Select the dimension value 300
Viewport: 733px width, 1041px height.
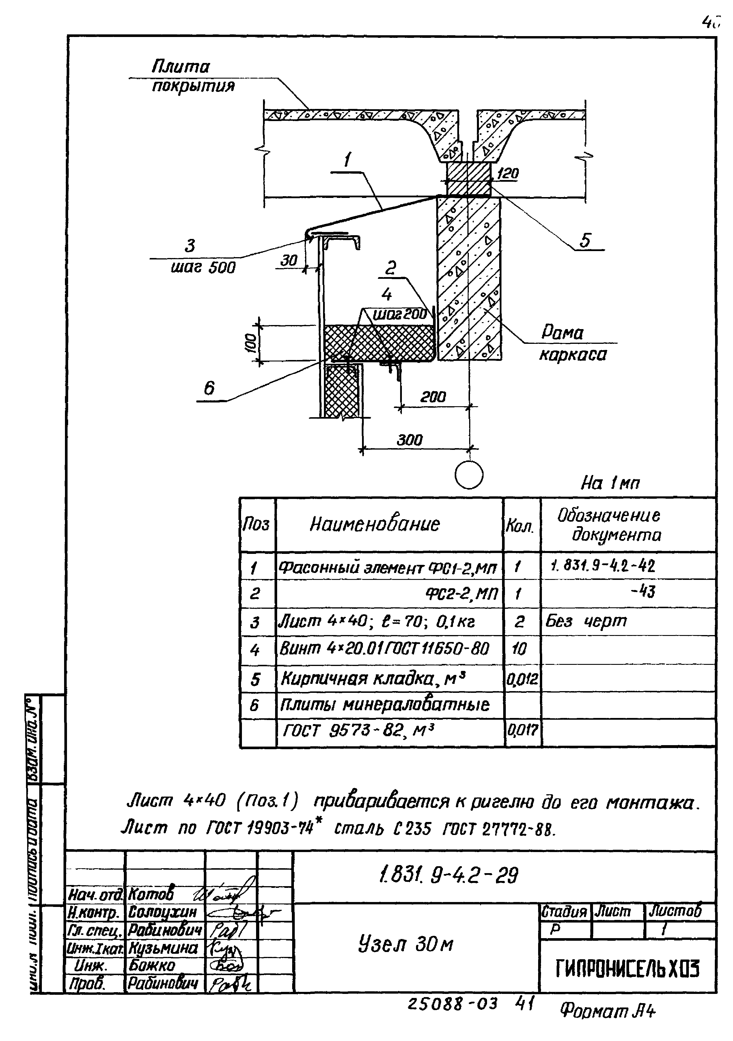pyautogui.click(x=410, y=439)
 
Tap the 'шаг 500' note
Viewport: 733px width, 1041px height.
pyautogui.click(x=203, y=268)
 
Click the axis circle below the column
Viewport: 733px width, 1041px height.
pyautogui.click(x=469, y=475)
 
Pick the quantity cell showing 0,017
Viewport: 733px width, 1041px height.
pyautogui.click(x=522, y=730)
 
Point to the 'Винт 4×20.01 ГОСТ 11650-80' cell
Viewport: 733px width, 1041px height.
pyautogui.click(x=384, y=649)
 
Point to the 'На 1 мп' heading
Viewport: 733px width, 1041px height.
pyautogui.click(x=610, y=483)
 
